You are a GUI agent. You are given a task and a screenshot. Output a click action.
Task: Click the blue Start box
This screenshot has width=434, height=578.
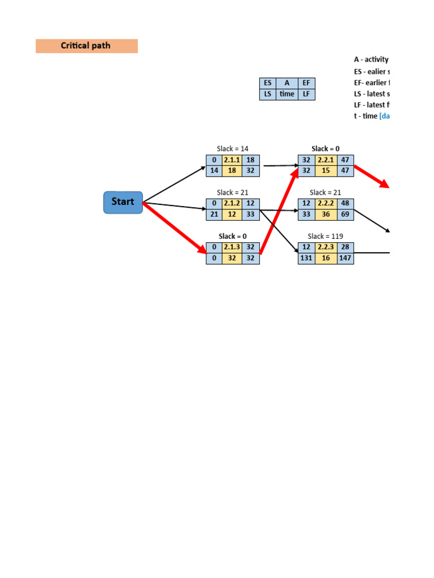click(x=123, y=202)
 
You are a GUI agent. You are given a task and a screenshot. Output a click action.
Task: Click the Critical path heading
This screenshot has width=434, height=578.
click(x=86, y=46)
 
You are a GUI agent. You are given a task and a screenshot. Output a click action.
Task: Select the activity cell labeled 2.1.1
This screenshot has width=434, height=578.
click(x=232, y=160)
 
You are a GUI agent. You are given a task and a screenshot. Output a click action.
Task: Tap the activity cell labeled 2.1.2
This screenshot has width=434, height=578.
click(x=232, y=203)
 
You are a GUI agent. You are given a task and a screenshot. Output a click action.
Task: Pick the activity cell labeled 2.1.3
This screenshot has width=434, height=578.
click(x=232, y=247)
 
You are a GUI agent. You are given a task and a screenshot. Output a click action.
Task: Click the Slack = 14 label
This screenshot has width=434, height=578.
click(x=232, y=149)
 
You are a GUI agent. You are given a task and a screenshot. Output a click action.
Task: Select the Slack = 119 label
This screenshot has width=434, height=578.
click(x=325, y=236)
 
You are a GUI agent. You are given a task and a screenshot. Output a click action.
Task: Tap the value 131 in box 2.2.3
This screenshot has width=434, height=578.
click(x=306, y=258)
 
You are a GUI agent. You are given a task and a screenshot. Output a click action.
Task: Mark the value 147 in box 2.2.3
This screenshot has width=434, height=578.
click(x=345, y=258)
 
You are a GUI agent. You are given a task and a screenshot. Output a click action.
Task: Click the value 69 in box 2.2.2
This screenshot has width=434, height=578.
click(x=345, y=214)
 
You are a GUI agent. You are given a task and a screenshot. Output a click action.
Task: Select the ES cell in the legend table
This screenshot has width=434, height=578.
click(x=268, y=83)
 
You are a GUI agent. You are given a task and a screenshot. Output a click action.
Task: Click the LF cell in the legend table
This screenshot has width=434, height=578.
click(x=306, y=94)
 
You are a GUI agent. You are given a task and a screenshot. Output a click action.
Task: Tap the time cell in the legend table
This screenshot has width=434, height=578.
click(x=287, y=94)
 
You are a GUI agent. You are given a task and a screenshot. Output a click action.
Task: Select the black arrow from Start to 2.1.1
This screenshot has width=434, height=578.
click(x=174, y=184)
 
